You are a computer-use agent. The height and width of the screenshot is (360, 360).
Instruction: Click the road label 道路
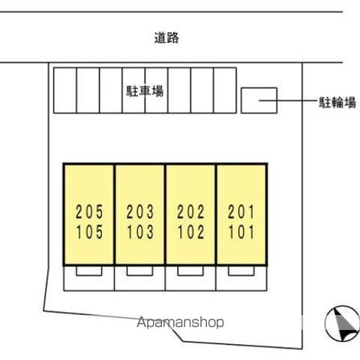click(x=166, y=38)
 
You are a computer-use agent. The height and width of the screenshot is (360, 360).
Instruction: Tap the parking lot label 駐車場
click(x=145, y=91)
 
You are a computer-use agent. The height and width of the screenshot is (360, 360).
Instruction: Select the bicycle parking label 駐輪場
click(x=337, y=103)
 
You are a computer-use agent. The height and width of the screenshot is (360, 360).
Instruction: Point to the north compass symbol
click(x=342, y=323)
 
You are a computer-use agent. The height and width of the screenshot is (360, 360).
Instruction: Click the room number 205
click(x=89, y=211)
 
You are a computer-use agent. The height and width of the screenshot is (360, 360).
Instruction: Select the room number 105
click(x=89, y=232)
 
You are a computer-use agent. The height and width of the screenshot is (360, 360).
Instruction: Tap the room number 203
click(x=140, y=211)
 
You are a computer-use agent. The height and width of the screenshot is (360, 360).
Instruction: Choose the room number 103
click(x=140, y=232)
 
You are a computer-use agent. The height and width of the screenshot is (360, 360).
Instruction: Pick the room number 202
click(x=190, y=211)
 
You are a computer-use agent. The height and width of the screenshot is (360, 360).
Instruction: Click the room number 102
click(x=190, y=232)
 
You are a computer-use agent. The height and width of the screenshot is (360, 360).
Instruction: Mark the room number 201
click(x=241, y=211)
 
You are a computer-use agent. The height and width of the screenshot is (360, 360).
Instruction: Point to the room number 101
click(x=241, y=232)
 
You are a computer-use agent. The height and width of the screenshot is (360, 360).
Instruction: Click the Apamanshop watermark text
click(x=180, y=322)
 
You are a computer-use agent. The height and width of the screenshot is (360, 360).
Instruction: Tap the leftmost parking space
click(x=65, y=90)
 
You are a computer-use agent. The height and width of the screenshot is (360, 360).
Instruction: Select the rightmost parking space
click(x=225, y=90)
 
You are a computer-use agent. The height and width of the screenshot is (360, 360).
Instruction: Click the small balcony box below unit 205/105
click(x=89, y=271)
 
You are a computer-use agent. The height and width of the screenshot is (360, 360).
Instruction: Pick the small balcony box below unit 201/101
click(x=241, y=271)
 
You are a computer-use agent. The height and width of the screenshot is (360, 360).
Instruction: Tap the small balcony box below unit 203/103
click(x=139, y=271)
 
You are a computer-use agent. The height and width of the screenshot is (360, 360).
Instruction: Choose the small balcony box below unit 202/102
click(x=190, y=271)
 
